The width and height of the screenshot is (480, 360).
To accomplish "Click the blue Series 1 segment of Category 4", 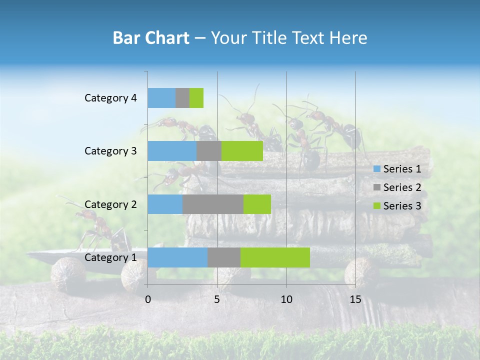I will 161,98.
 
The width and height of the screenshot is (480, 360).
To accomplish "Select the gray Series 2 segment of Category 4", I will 182,98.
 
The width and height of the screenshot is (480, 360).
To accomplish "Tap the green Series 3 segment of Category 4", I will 196,98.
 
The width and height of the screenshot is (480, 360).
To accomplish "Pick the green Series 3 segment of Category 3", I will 242,151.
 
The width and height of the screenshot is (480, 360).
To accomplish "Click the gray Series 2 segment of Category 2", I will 213,204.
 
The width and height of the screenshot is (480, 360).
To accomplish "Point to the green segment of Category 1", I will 275,257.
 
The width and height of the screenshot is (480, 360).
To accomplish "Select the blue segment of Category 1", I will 177,257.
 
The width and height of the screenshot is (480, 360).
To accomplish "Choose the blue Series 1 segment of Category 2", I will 165,204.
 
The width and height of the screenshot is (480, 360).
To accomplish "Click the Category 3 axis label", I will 110,151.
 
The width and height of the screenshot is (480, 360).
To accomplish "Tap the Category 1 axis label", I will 110,257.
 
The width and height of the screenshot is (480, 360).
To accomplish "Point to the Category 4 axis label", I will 110,98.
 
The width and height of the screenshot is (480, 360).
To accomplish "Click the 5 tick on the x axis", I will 217,299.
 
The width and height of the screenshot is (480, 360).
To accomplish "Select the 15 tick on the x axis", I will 355,299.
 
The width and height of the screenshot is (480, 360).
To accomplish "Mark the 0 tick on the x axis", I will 148,299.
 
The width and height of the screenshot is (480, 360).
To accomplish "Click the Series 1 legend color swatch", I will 376,169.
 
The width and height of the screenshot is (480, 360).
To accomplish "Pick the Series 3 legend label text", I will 402,206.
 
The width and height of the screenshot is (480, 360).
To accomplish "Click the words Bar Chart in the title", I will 151,38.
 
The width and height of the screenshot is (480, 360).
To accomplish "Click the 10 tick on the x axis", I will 286,299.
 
